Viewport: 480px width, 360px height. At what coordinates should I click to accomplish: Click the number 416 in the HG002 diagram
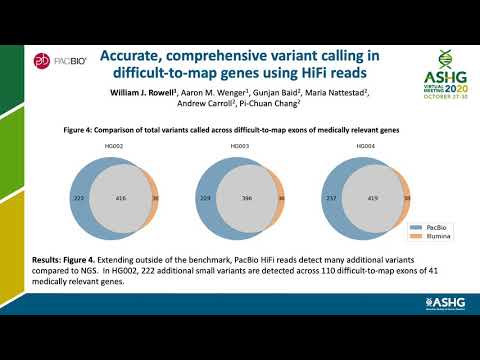click(x=121, y=199)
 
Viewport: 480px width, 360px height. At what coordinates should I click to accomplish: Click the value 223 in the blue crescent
click(x=77, y=199)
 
